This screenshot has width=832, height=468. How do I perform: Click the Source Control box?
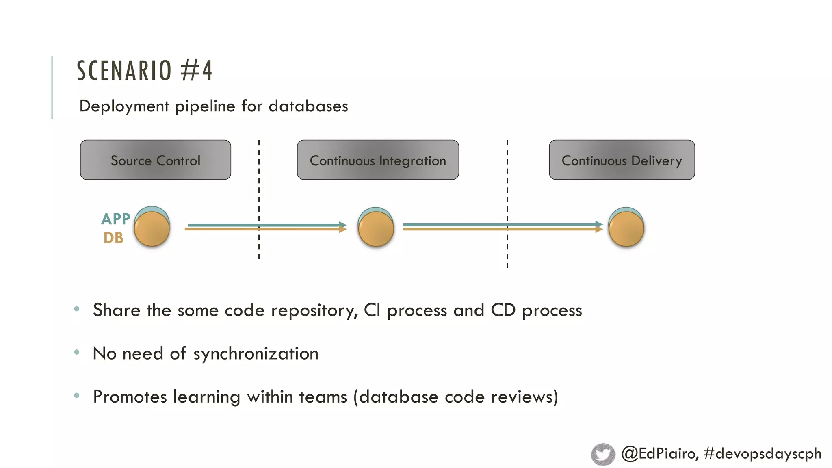click(156, 160)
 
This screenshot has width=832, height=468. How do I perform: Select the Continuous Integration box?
click(378, 160)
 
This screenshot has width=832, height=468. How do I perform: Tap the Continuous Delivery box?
click(622, 160)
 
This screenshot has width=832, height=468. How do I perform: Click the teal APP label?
click(116, 219)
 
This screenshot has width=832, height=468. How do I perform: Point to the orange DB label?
click(113, 238)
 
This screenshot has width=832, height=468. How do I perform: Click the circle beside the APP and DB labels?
click(152, 227)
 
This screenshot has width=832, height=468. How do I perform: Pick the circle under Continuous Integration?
click(376, 227)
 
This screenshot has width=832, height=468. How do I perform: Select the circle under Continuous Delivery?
click(626, 227)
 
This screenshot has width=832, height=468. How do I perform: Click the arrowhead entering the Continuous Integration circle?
click(343, 227)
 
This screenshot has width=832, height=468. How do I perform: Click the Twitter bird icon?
click(603, 454)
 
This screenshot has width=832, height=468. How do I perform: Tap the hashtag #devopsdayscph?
click(763, 453)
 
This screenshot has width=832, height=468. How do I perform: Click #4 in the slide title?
click(197, 71)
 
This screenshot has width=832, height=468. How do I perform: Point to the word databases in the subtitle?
click(308, 106)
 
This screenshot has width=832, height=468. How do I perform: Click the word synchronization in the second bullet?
click(256, 354)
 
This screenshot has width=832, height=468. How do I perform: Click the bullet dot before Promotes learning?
click(77, 395)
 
